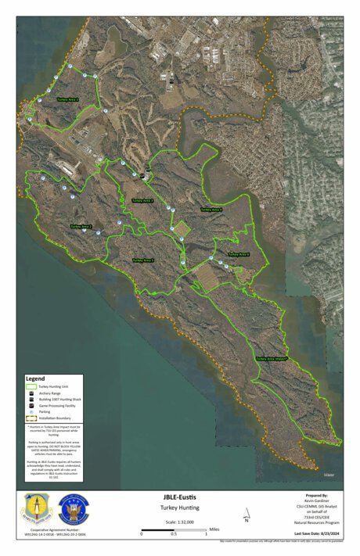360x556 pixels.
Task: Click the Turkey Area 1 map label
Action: coord(68,100)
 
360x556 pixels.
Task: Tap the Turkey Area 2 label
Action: coord(81,227)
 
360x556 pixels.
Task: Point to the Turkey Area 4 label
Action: coord(211,210)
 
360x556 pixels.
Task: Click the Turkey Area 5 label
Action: coord(143,260)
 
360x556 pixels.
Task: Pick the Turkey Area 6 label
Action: coord(238,254)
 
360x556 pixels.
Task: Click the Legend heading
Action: coord(36,378)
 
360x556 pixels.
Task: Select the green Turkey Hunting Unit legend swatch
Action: coord(32,387)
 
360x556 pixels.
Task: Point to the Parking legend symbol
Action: coord(32,413)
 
